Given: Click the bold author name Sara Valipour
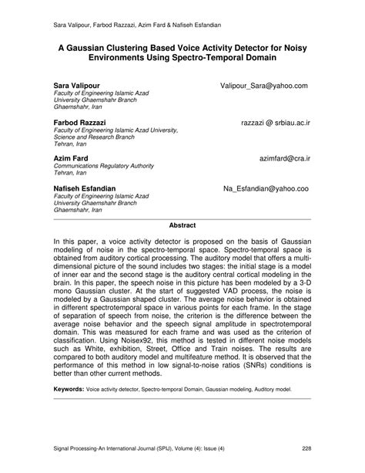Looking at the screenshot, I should point(76,84).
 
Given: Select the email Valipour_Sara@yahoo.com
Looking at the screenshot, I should point(263,84).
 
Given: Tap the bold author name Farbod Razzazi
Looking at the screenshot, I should point(80,122).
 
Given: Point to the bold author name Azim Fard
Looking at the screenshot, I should point(70,157).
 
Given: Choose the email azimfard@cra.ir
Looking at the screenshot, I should point(285,157).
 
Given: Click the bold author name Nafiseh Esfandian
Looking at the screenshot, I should point(85,188).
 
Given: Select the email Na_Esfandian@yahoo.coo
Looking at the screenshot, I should point(266,188).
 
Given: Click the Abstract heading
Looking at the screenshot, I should point(182,225).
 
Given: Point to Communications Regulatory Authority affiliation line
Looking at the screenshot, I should point(104,165).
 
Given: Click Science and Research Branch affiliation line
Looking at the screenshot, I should point(95,137).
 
